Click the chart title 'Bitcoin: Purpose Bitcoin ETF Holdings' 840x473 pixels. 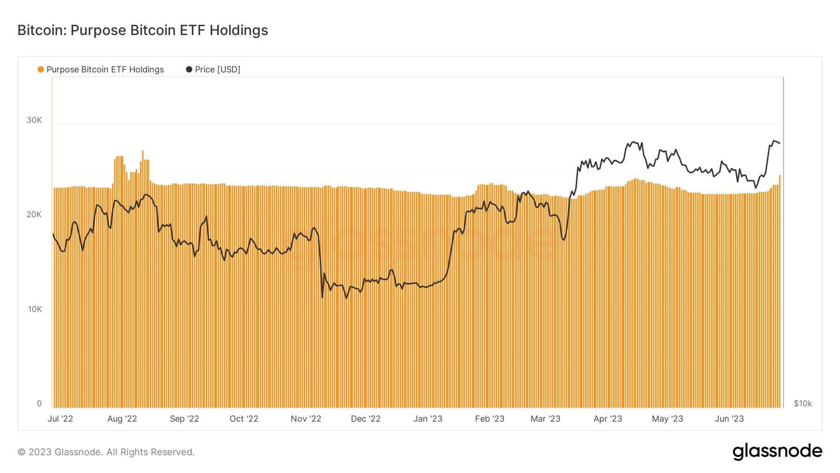142,30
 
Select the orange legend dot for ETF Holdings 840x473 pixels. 41,70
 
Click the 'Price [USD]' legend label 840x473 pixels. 217,70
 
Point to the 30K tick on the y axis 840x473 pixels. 34,120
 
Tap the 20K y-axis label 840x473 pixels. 34,214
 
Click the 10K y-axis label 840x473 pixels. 35,309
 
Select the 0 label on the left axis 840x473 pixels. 39,403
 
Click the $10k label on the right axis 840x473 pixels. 803,403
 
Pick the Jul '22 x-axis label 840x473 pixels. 60,419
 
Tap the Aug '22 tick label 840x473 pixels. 122,419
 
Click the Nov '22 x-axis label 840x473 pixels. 306,419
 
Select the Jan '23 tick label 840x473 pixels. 427,419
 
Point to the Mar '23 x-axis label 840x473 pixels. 545,419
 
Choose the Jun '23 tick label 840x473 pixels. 729,419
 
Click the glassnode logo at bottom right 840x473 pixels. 777,452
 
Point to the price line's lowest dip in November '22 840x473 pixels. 322,297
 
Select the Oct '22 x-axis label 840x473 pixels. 244,419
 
